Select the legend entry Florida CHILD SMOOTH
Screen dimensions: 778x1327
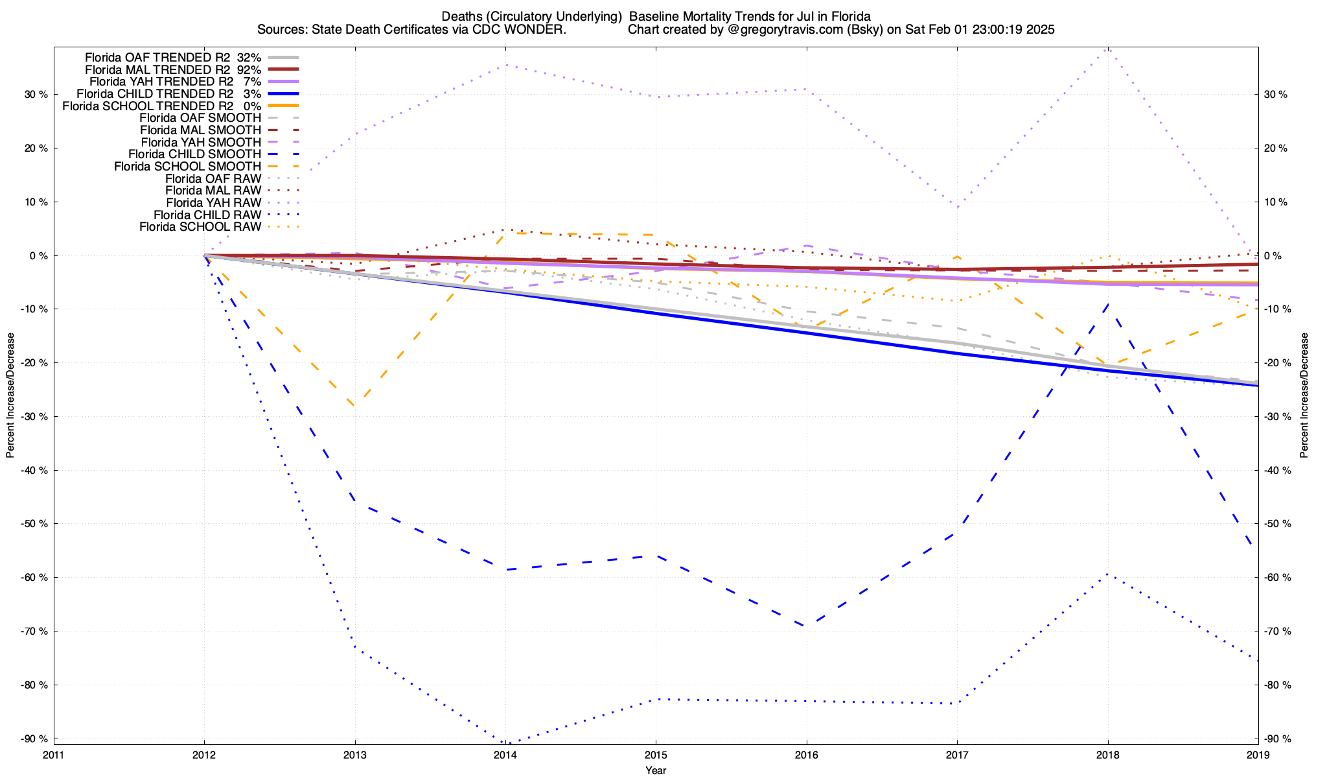coord(194,154)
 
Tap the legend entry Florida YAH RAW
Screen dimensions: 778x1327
coord(213,203)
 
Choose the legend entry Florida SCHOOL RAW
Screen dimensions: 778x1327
coord(200,227)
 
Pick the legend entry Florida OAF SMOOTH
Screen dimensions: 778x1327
coord(200,118)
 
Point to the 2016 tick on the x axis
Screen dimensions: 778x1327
coord(807,755)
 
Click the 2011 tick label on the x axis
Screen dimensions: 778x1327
coord(54,755)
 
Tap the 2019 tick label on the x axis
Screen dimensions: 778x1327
coord(1258,755)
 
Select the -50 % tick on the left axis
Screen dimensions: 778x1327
coord(34,524)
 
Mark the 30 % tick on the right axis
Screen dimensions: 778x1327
coord(1276,95)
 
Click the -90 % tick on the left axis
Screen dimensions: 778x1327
coord(34,738)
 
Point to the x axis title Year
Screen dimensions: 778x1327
coord(656,770)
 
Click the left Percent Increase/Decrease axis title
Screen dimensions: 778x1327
coord(10,395)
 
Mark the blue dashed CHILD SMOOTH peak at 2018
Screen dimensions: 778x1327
coord(1108,303)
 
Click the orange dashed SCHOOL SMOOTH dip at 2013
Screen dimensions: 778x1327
coord(355,407)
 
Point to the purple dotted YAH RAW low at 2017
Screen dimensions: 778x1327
coord(957,207)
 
